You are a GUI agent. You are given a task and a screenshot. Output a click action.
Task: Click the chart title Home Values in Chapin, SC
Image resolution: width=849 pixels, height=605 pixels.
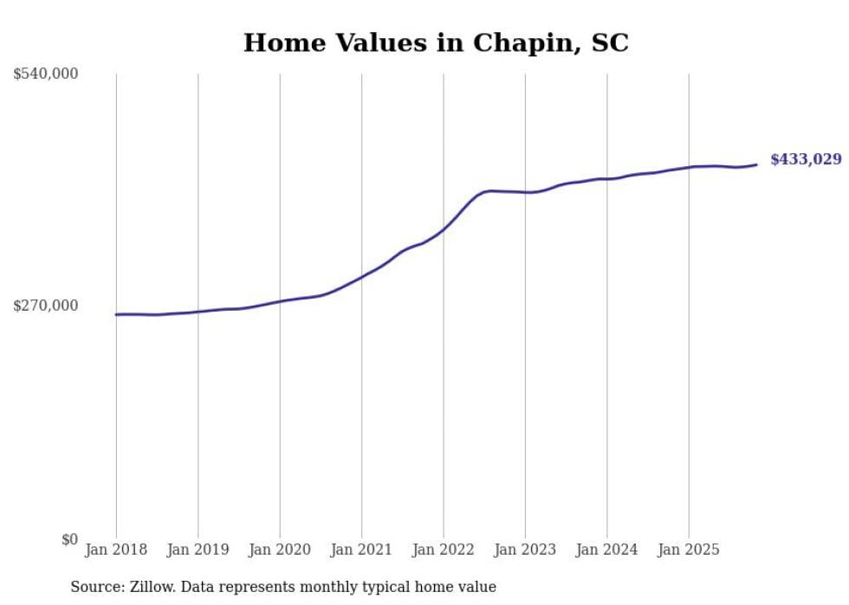pos(436,42)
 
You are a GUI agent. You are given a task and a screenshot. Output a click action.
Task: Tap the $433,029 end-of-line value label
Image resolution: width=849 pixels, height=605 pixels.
pos(805,159)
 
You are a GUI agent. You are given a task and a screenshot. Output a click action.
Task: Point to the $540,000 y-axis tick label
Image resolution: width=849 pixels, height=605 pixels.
pos(46,74)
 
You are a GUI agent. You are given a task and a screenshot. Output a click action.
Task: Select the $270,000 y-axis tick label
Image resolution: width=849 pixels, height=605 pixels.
pos(46,306)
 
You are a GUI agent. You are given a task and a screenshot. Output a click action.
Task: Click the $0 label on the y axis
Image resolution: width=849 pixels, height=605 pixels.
pos(69,539)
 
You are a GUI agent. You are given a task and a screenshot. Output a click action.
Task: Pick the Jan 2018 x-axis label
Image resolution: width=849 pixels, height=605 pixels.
pos(116,550)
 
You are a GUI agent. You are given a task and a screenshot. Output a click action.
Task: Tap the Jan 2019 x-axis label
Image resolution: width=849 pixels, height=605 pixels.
pos(198,550)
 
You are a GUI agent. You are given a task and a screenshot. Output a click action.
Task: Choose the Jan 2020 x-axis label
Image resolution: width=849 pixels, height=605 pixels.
pos(280,550)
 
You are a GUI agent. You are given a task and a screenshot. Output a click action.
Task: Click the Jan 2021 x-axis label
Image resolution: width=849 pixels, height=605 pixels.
pos(361,550)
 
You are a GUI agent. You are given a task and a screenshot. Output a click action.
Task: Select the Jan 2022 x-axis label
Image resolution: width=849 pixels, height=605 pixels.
pos(443,550)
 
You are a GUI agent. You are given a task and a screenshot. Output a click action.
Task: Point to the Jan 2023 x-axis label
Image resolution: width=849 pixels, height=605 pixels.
pos(525,550)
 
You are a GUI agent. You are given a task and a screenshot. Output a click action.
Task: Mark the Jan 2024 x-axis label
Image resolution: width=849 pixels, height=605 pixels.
pos(606,550)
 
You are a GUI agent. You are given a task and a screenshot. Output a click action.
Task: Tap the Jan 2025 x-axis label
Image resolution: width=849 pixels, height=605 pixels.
pos(689,550)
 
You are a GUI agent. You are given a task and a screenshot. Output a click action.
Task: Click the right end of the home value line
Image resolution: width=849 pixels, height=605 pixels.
pos(756,164)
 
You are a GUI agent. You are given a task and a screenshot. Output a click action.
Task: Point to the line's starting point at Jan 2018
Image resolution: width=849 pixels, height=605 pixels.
pos(116,314)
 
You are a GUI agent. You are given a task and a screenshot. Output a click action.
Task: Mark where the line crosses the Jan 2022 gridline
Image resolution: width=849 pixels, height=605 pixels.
pos(444,229)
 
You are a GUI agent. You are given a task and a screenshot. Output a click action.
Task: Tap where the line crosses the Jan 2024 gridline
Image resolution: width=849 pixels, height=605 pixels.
pos(607,178)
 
